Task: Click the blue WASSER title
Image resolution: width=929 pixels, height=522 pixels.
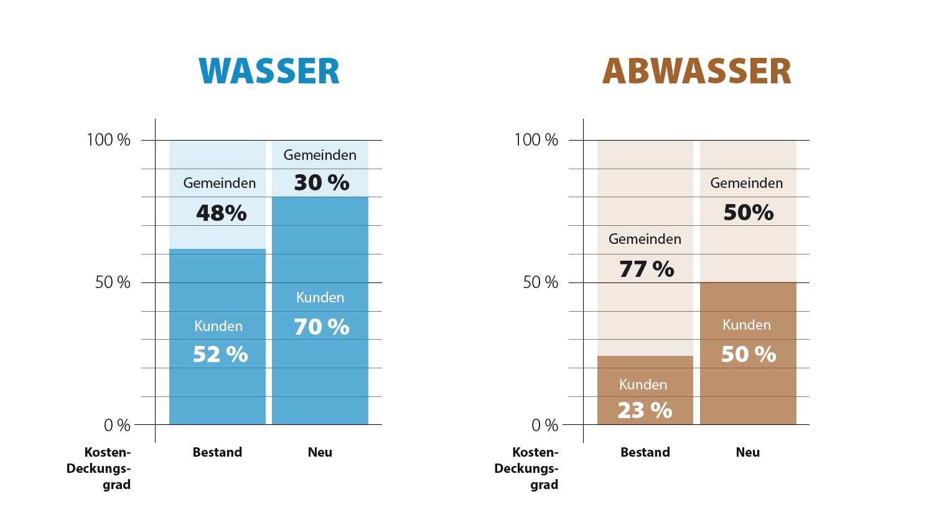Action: click(x=269, y=72)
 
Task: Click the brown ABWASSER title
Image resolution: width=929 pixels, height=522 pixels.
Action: click(x=696, y=72)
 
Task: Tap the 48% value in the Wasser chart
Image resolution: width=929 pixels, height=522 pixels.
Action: click(x=222, y=213)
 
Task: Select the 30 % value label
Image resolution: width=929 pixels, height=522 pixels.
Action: click(x=321, y=183)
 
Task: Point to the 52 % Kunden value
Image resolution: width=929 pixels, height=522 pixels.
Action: click(x=220, y=355)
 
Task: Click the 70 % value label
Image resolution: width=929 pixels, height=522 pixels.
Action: click(x=321, y=327)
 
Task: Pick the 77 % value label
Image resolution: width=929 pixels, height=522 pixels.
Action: click(x=647, y=269)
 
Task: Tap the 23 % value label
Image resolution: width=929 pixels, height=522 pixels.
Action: click(x=645, y=411)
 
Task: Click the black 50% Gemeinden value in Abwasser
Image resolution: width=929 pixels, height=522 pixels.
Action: click(x=748, y=213)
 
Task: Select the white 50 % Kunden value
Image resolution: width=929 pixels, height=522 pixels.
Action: click(x=748, y=355)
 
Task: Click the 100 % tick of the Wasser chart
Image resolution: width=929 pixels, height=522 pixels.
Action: click(x=108, y=140)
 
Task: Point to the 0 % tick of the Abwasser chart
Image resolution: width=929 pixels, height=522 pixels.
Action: click(x=544, y=426)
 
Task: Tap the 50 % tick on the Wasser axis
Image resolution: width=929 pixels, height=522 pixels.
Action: click(x=113, y=282)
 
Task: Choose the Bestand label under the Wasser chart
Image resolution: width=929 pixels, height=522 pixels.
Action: click(x=217, y=452)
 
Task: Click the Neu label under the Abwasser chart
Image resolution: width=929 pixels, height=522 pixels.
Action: click(x=747, y=452)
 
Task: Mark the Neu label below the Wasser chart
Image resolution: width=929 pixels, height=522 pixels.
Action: click(x=320, y=452)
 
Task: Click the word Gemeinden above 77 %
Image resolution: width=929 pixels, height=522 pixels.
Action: click(x=645, y=239)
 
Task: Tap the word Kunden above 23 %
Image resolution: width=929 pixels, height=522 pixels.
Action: click(x=643, y=385)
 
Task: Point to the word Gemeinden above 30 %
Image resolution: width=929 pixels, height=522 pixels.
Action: click(x=320, y=155)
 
